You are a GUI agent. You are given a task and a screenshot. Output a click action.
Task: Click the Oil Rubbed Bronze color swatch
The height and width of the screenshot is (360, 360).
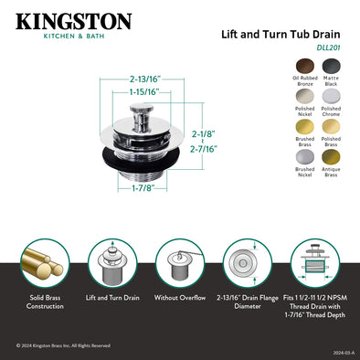coord(303,67)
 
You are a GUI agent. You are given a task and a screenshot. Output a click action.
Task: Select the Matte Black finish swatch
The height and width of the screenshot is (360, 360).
coord(332,67)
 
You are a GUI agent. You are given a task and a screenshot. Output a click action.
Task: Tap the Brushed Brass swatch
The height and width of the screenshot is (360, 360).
coord(303,128)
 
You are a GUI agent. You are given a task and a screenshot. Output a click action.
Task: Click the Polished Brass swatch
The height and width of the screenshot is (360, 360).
coord(332,128)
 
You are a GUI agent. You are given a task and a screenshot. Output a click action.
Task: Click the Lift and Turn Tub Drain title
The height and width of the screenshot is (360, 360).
coord(281,31)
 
